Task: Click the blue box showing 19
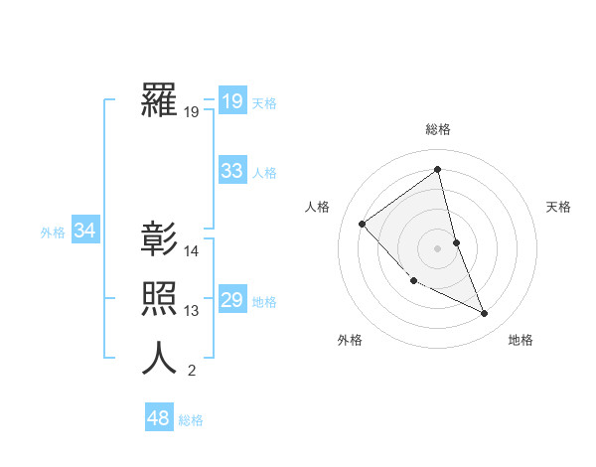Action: (231, 101)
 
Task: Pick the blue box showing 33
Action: (231, 171)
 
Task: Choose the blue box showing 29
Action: (231, 300)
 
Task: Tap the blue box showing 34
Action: (84, 231)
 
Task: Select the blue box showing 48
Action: (158, 418)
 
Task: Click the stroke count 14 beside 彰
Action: (192, 251)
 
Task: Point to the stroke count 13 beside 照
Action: (192, 311)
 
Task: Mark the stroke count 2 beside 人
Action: (192, 372)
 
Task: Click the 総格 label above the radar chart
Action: (438, 129)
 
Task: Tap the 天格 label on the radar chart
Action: (559, 207)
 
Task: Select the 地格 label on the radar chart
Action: (521, 340)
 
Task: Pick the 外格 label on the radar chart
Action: (350, 340)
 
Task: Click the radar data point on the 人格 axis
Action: (363, 224)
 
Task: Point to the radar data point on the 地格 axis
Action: (485, 313)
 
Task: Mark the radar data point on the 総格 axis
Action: (438, 169)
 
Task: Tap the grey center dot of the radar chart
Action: (438, 247)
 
